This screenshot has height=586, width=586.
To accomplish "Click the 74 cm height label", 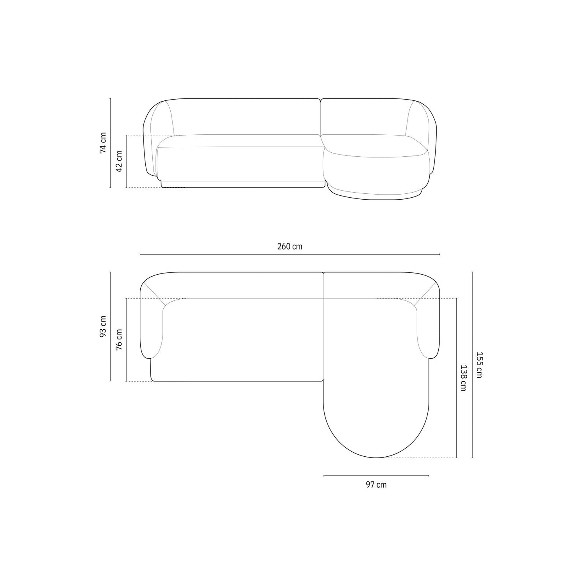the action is [x=103, y=143].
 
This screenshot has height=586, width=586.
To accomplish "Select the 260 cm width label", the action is [x=290, y=247].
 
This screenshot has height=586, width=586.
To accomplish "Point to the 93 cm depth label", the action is [x=103, y=326].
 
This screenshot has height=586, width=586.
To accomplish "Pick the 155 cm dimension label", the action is [x=479, y=365].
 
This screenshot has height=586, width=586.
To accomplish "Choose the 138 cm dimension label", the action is [x=464, y=378].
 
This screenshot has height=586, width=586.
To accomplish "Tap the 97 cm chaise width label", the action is [x=376, y=485].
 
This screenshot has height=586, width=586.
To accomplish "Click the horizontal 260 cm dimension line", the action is [x=290, y=254].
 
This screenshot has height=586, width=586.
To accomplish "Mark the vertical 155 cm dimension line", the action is [x=473, y=365].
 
